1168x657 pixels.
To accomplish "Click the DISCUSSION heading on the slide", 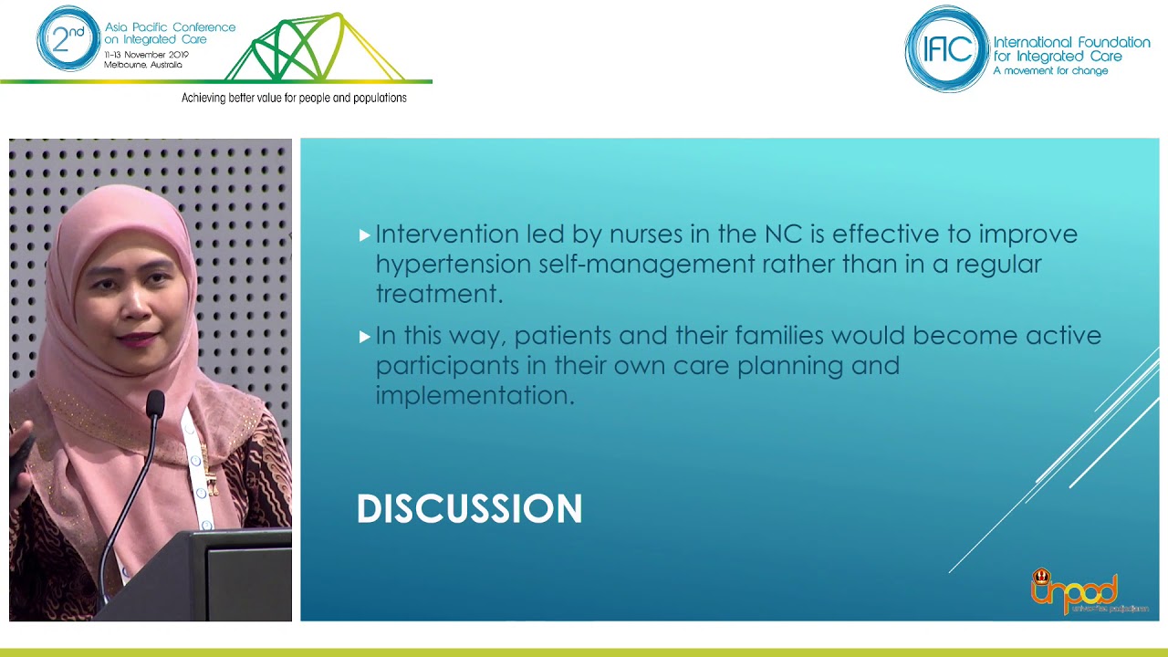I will (469, 509).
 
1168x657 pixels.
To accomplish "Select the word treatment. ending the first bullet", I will (439, 294).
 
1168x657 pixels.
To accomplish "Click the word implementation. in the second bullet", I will (474, 395).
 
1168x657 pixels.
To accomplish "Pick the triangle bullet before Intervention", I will (365, 235).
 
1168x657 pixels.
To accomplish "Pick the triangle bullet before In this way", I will (365, 337).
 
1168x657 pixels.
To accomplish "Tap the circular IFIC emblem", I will (946, 49).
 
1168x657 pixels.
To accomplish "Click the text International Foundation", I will (1070, 43).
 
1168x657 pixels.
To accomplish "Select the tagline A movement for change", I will (1049, 70).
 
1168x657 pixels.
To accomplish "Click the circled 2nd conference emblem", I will (68, 39).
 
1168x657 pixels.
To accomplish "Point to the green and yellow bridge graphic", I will (310, 50).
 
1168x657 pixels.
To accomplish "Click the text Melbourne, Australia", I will (142, 65).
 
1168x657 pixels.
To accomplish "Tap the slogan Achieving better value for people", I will (294, 98).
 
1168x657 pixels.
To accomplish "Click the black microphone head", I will (155, 404).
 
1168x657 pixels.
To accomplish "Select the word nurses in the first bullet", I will (645, 234).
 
